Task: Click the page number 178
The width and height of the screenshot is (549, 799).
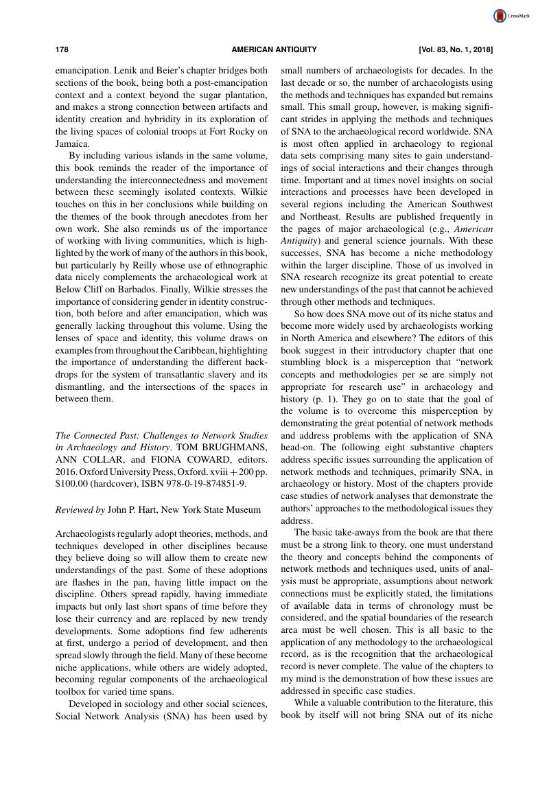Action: tap(62, 49)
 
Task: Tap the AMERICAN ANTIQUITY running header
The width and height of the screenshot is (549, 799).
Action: tap(274, 49)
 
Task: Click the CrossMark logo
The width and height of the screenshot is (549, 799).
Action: tap(508, 16)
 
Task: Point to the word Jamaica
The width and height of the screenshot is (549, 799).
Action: tap(70, 145)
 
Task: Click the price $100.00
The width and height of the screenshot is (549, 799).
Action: tap(74, 484)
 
